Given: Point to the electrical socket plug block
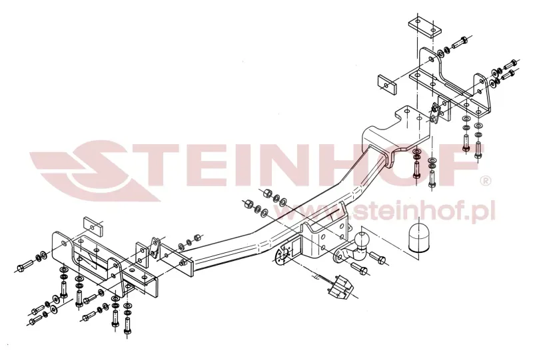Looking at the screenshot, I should pyautogui.click(x=338, y=288).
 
